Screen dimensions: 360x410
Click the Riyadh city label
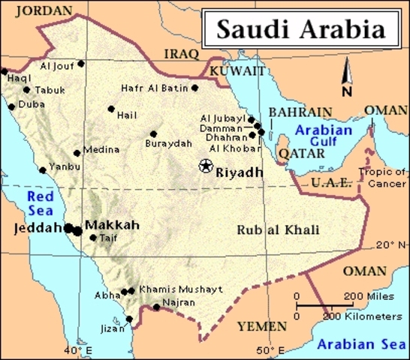coord(240,172)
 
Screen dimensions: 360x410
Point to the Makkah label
coord(112,225)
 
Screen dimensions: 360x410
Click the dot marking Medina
coord(77,153)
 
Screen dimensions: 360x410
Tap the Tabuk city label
coord(50,90)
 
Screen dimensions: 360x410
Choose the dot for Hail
coord(111,109)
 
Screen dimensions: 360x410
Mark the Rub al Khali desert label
coord(278,229)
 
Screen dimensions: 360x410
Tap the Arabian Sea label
coord(360,344)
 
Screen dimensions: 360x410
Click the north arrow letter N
coord(346,91)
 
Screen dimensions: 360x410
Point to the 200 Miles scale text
coord(369,297)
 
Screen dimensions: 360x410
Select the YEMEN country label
coord(261,326)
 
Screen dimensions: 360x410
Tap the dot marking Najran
coord(156,306)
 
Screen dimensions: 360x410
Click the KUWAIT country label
coord(237,71)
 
